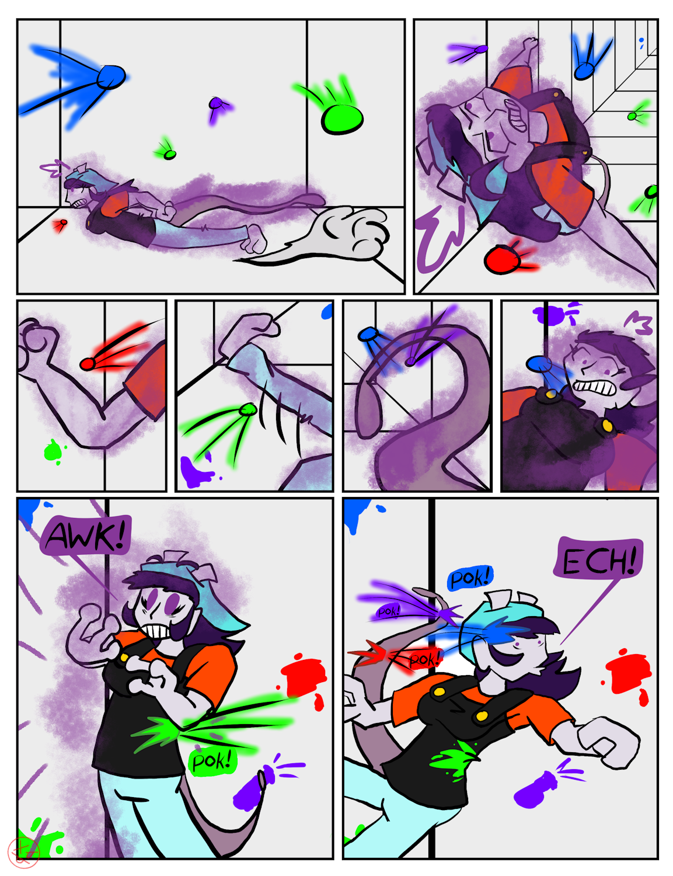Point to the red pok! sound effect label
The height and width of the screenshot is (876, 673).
(x=424, y=660)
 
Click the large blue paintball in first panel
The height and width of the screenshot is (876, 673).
(x=111, y=77)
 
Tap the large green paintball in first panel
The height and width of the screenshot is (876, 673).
(x=342, y=119)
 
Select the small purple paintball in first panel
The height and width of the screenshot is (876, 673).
(x=215, y=103)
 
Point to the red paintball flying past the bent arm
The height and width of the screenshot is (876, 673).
(x=87, y=364)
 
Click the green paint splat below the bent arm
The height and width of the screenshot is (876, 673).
(x=53, y=451)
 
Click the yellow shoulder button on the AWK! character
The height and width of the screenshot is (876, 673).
(x=124, y=657)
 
